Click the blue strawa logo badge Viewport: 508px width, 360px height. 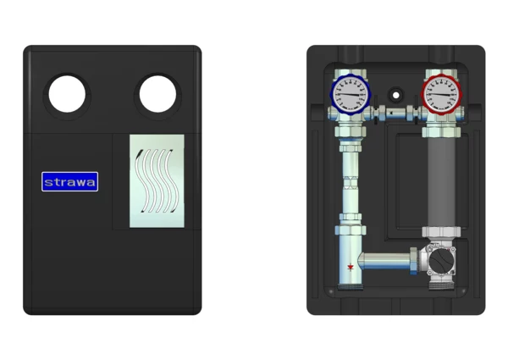[69, 181]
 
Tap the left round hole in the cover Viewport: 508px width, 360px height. [67, 94]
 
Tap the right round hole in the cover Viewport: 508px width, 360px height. [157, 94]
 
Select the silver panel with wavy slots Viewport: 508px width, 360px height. [157, 181]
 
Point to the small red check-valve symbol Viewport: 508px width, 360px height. [351, 268]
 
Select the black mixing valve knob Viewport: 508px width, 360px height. [440, 259]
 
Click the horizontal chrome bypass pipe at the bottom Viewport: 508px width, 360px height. [385, 261]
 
